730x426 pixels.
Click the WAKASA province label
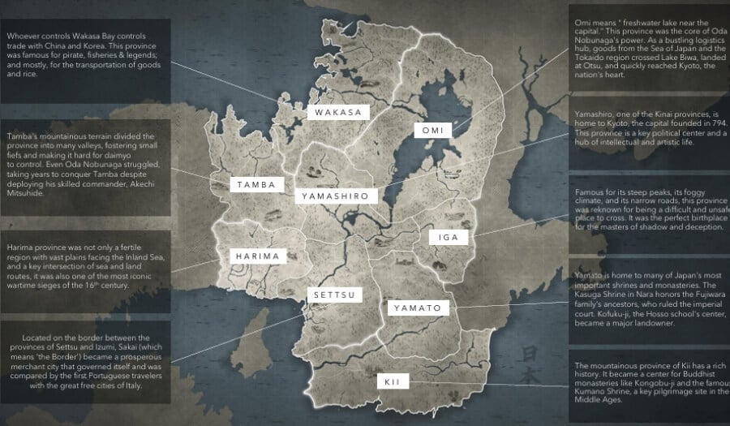click(x=337, y=113)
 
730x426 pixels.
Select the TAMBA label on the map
click(x=256, y=185)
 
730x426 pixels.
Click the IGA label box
click(x=449, y=237)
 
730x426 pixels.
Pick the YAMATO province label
click(x=417, y=308)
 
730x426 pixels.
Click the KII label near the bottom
click(x=393, y=381)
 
